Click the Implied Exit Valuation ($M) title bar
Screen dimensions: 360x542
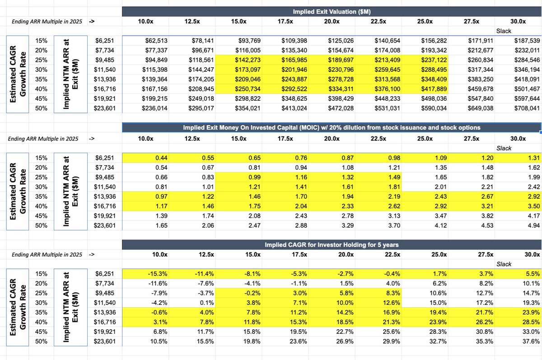(332, 11)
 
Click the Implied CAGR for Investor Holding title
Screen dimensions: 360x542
(332, 245)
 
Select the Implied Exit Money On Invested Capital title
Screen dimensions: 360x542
(332, 128)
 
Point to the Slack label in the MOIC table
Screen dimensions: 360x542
(504, 148)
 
